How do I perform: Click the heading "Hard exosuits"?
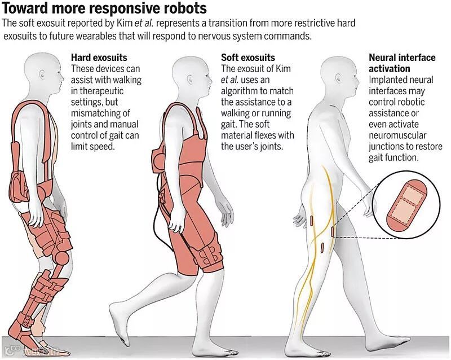pyautogui.click(x=99, y=58)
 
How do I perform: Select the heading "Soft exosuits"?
pyautogui.click(x=248, y=58)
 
